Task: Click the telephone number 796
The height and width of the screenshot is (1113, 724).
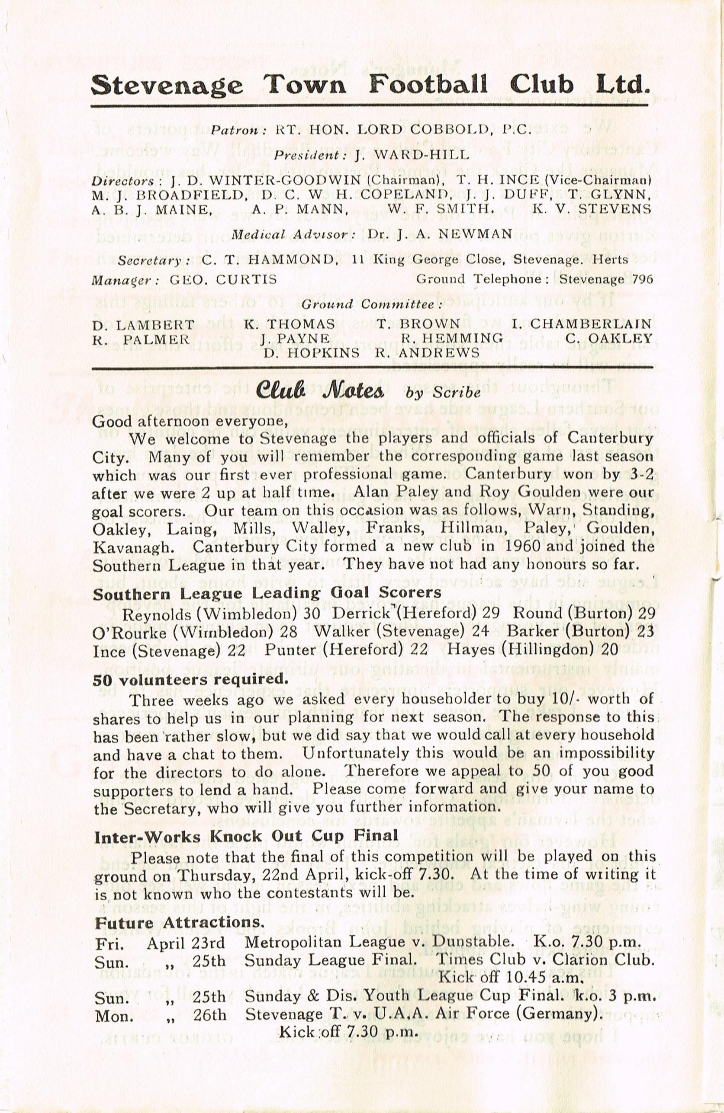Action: pos(641,280)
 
